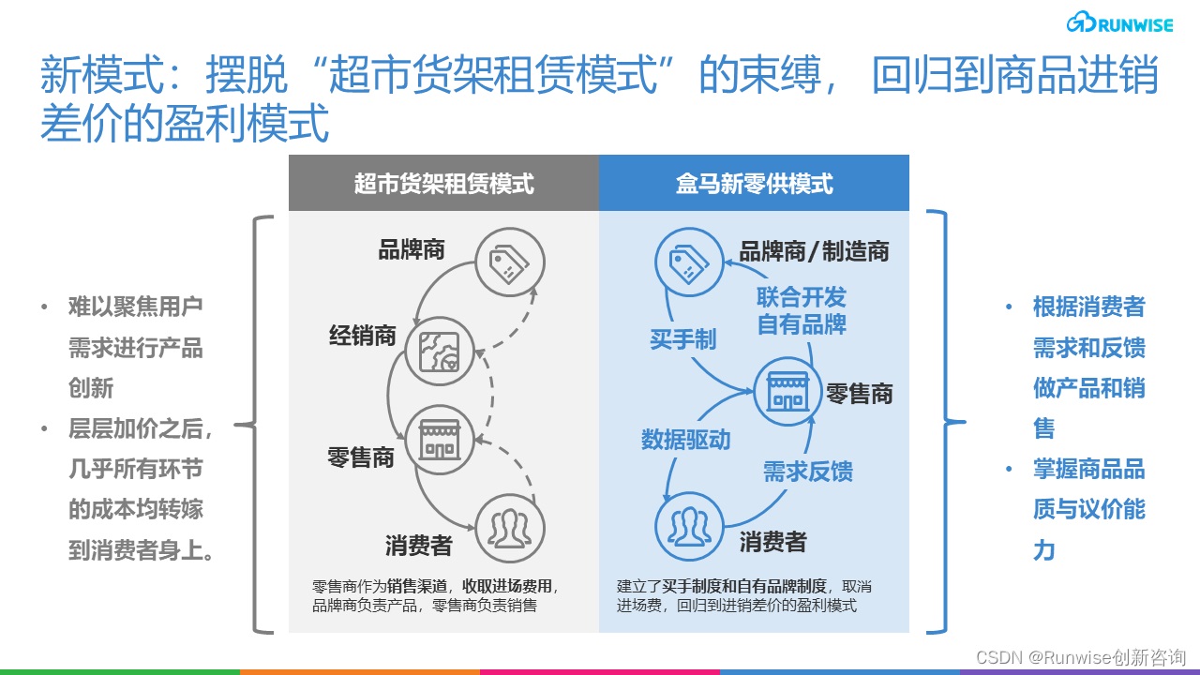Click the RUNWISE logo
pyautogui.click(x=1119, y=23)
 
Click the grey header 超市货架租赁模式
pyautogui.click(x=443, y=183)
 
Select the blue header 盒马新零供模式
pyautogui.click(x=754, y=183)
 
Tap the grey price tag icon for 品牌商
pyautogui.click(x=509, y=262)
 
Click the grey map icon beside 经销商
pyautogui.click(x=440, y=351)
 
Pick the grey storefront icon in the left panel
pyautogui.click(x=440, y=440)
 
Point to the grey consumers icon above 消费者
pyautogui.click(x=509, y=528)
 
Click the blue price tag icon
pyautogui.click(x=689, y=262)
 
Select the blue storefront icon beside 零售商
pyautogui.click(x=787, y=392)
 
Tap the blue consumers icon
pyautogui.click(x=689, y=526)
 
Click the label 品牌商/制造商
pyautogui.click(x=815, y=251)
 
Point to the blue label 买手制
pyautogui.click(x=683, y=339)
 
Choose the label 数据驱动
pyautogui.click(x=685, y=440)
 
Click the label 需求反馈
pyautogui.click(x=808, y=472)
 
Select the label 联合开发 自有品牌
pyautogui.click(x=802, y=310)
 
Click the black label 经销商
pyautogui.click(x=363, y=336)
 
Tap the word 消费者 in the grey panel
pyautogui.click(x=418, y=546)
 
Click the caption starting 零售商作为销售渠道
pyautogui.click(x=435, y=595)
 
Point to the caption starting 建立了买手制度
pyautogui.click(x=743, y=595)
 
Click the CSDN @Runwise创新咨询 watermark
pyautogui.click(x=1081, y=657)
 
